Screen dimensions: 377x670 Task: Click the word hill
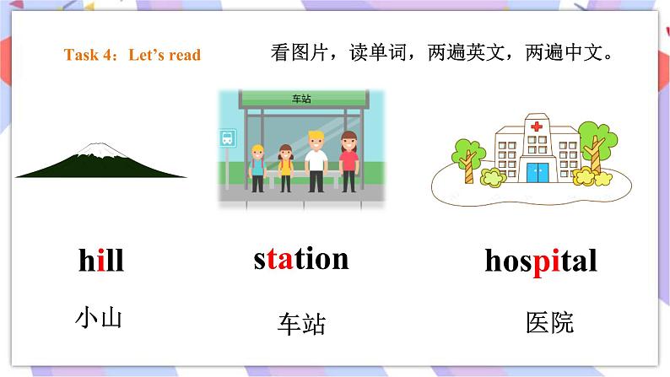[x=100, y=261]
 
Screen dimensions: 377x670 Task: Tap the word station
[x=300, y=258]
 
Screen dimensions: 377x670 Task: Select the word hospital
[x=541, y=261]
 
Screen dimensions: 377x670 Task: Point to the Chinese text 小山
[x=99, y=319]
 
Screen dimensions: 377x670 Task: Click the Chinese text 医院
[x=549, y=322]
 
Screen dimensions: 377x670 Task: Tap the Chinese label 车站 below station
[x=301, y=324]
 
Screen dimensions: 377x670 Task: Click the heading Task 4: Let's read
[x=132, y=56]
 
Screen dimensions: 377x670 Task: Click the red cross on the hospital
[x=536, y=127]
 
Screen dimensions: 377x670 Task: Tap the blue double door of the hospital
[x=537, y=172]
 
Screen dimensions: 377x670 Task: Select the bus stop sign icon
[x=228, y=137]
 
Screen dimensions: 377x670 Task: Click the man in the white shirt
[x=316, y=160]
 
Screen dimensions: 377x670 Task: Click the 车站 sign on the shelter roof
[x=301, y=99]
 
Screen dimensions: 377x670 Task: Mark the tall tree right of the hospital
[x=595, y=143]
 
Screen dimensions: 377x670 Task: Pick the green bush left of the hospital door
[x=489, y=177]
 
